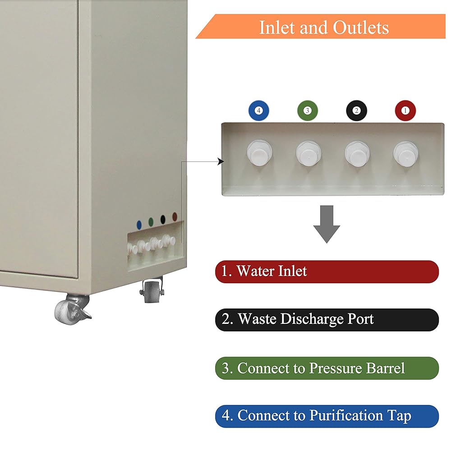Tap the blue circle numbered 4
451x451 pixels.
[258, 110]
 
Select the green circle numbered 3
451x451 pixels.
[308, 110]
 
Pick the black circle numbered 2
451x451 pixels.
[356, 110]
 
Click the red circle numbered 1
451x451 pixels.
[405, 110]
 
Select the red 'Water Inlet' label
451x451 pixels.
[327, 272]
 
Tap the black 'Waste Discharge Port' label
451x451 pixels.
[327, 319]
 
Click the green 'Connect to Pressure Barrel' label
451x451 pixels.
[327, 368]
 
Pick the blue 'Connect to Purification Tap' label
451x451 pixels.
[327, 416]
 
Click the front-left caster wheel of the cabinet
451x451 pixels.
[70, 309]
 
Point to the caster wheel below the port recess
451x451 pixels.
[151, 291]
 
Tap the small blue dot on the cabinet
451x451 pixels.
[139, 223]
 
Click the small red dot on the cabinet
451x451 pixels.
[175, 217]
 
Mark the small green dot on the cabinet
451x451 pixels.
[151, 221]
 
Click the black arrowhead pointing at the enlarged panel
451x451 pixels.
[221, 161]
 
